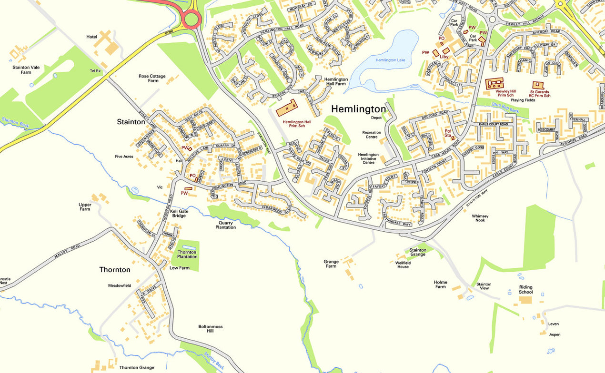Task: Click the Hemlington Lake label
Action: coord(390,60)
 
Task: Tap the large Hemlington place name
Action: coord(358,109)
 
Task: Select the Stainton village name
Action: coord(131,122)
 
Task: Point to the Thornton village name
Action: coord(114,270)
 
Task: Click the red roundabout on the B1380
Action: coord(191,20)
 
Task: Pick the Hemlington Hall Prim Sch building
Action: coord(287,108)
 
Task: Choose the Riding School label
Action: coord(525,289)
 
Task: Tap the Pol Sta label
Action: coord(448,133)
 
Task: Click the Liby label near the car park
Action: coord(444,57)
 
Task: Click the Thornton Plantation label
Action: coord(187,255)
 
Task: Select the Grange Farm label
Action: coord(331,264)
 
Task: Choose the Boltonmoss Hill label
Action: coord(210,329)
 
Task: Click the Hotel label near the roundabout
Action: coord(91,37)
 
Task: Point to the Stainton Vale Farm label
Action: coord(26,70)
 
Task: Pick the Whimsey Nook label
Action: coord(480,218)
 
